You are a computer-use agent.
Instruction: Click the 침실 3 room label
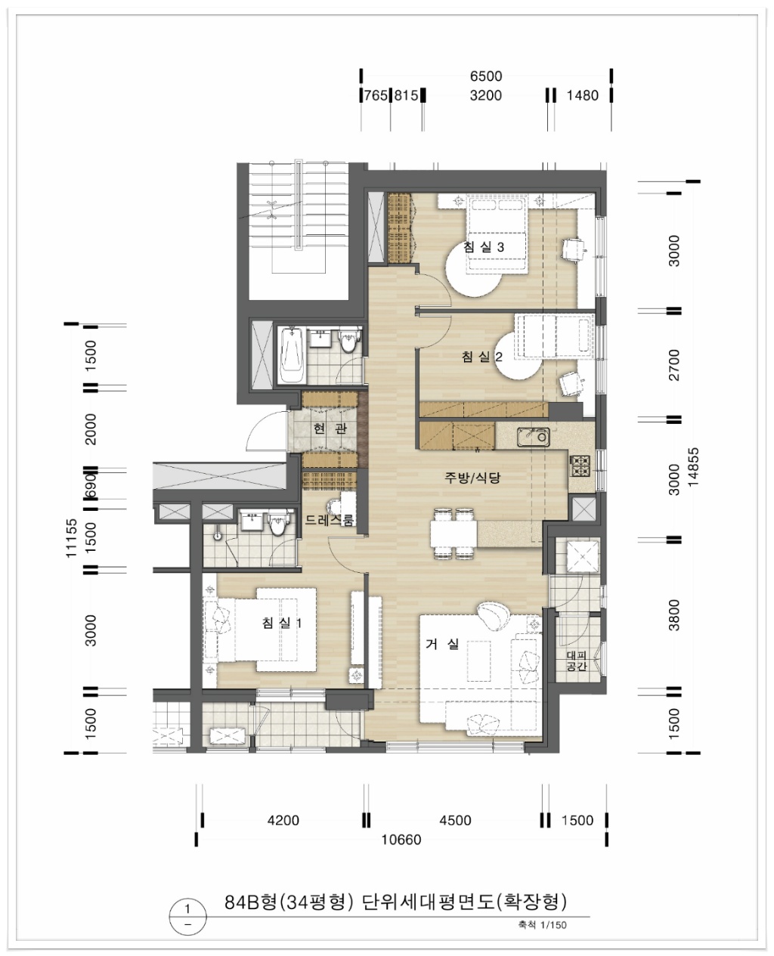[484, 247]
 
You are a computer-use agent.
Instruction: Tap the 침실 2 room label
[481, 357]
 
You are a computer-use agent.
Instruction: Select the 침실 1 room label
[282, 623]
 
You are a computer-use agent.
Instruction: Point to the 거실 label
[442, 644]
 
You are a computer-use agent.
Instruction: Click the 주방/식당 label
[472, 477]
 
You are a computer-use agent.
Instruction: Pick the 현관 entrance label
[330, 428]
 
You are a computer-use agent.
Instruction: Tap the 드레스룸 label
[330, 519]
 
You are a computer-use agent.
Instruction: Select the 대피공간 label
[577, 661]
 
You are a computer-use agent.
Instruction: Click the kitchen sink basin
[534, 436]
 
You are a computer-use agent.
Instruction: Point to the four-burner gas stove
[580, 466]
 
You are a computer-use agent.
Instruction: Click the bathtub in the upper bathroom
[291, 355]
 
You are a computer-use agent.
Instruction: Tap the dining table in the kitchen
[454, 534]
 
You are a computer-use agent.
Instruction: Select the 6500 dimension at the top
[486, 76]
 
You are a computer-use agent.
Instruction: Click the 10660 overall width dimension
[401, 840]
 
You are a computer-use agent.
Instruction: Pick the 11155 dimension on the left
[72, 538]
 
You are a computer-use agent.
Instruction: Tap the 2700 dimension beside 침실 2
[674, 365]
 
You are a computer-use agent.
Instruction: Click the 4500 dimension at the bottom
[455, 821]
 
